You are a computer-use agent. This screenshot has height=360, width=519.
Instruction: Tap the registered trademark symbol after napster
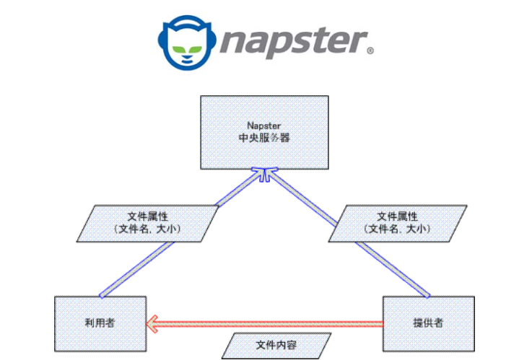[371, 51]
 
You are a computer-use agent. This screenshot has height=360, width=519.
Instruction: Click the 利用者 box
[100, 323]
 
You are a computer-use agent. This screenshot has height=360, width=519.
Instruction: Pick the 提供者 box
[428, 323]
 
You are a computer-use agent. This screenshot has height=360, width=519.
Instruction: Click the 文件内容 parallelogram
[276, 346]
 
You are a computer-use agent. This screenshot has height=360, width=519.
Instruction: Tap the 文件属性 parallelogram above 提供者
[398, 223]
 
